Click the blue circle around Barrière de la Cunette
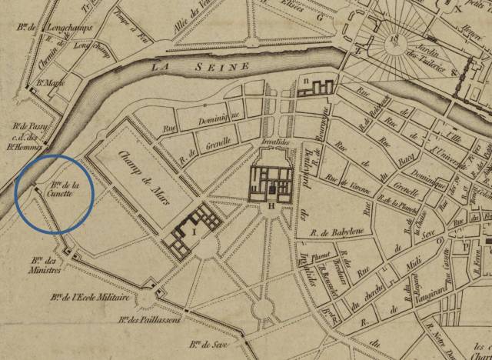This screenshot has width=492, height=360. coord(54,192)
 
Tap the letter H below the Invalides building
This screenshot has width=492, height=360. coord(271,205)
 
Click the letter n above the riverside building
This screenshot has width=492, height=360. coord(306,78)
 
